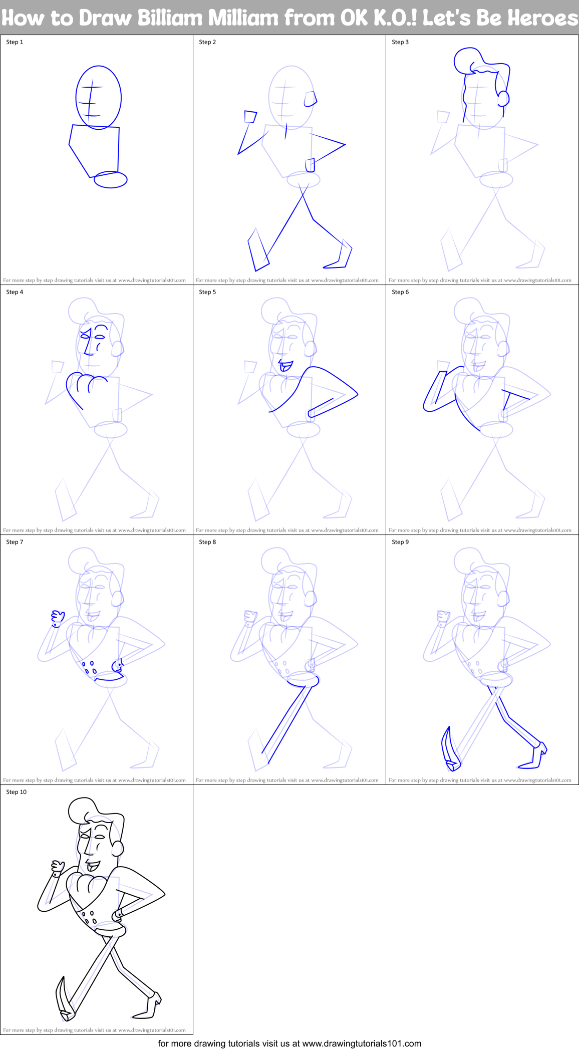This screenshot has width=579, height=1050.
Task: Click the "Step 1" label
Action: click(x=15, y=42)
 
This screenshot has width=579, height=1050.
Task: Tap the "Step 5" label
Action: click(x=207, y=292)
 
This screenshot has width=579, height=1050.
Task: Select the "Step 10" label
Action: click(x=17, y=792)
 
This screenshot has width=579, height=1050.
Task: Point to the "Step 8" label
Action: click(x=207, y=542)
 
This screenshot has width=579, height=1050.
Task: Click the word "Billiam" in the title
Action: click(x=170, y=18)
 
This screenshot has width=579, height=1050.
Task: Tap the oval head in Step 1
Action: click(x=98, y=97)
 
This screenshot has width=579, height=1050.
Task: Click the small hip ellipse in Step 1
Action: click(x=111, y=179)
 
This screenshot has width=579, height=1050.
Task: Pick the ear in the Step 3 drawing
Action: click(x=503, y=98)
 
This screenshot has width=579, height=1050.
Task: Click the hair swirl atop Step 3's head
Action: click(x=467, y=60)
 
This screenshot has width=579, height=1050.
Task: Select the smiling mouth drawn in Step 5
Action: click(x=285, y=366)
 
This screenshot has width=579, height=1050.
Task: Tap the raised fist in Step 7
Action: click(x=58, y=618)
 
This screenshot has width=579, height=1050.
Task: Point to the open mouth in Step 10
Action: click(x=93, y=865)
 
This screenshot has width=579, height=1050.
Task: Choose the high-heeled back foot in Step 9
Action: click(x=536, y=756)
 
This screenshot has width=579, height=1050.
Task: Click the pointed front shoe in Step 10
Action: click(x=64, y=1000)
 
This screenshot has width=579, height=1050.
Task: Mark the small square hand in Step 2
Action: click(x=250, y=117)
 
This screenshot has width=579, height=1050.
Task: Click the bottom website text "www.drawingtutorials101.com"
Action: click(x=362, y=1043)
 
